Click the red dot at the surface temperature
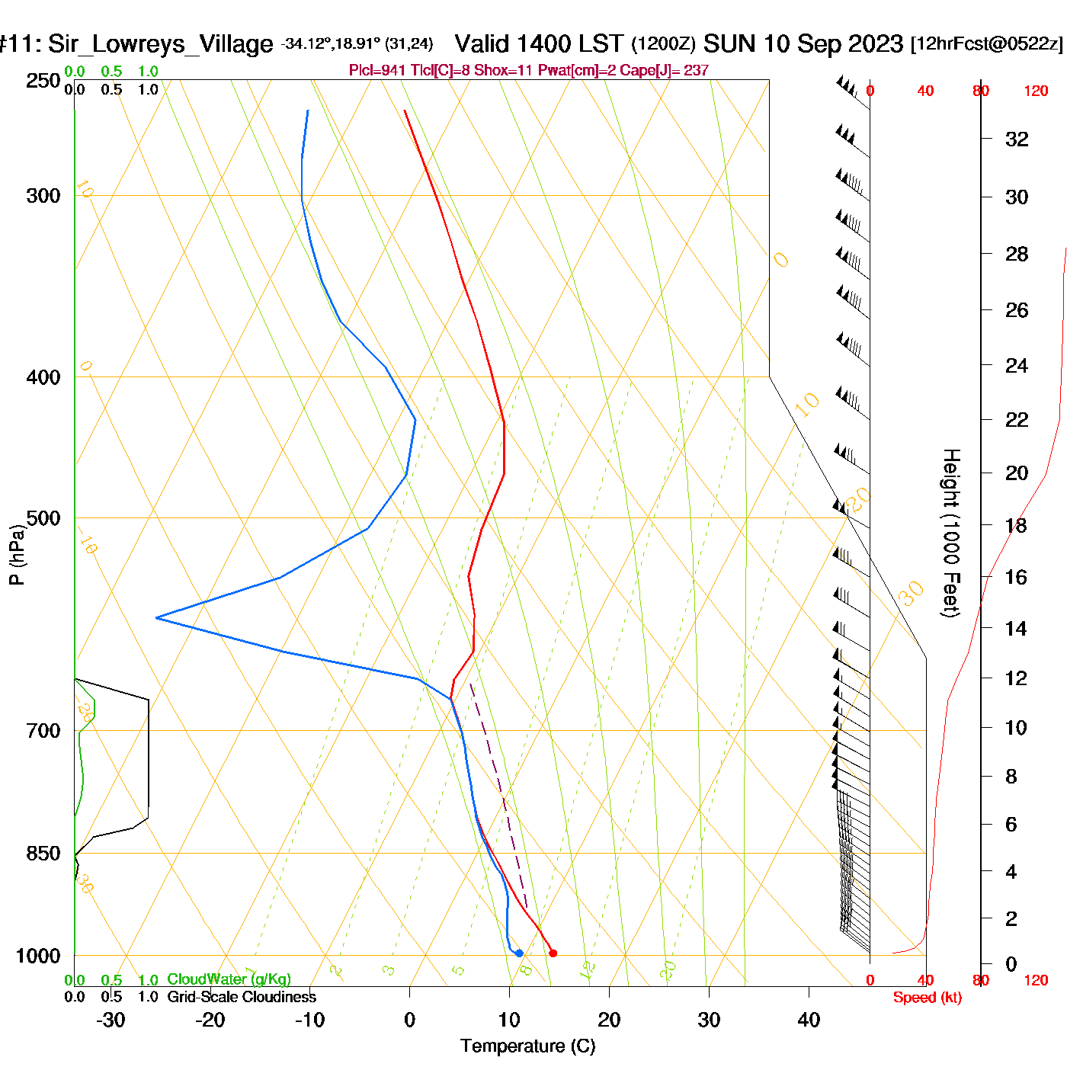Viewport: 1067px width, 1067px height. pos(553,953)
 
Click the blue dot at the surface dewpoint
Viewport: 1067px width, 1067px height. pos(519,953)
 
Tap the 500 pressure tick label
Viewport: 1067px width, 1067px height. pos(43,518)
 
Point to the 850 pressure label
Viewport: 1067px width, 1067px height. pos(43,854)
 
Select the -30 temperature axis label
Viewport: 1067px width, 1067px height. pos(110,1020)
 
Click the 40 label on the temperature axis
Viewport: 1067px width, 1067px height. pos(809,1020)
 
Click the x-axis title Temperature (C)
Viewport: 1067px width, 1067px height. pos(527,1046)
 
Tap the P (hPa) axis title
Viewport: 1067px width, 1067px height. pos(17,554)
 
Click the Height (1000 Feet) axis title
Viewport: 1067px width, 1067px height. pos(951,533)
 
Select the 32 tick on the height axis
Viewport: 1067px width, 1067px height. pos(1017,139)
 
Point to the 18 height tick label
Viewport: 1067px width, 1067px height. pos(1016,525)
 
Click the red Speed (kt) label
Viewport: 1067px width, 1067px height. pos(927,998)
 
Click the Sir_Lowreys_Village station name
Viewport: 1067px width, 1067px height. pos(160,44)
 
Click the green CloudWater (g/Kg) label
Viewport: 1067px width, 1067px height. pos(229,979)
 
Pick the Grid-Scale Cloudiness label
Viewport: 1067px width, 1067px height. pos(242,997)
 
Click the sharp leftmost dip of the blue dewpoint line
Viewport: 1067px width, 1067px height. pos(156,617)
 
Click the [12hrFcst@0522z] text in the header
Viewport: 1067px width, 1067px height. pos(986,44)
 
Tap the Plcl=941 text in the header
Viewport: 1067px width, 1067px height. pos(377,71)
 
